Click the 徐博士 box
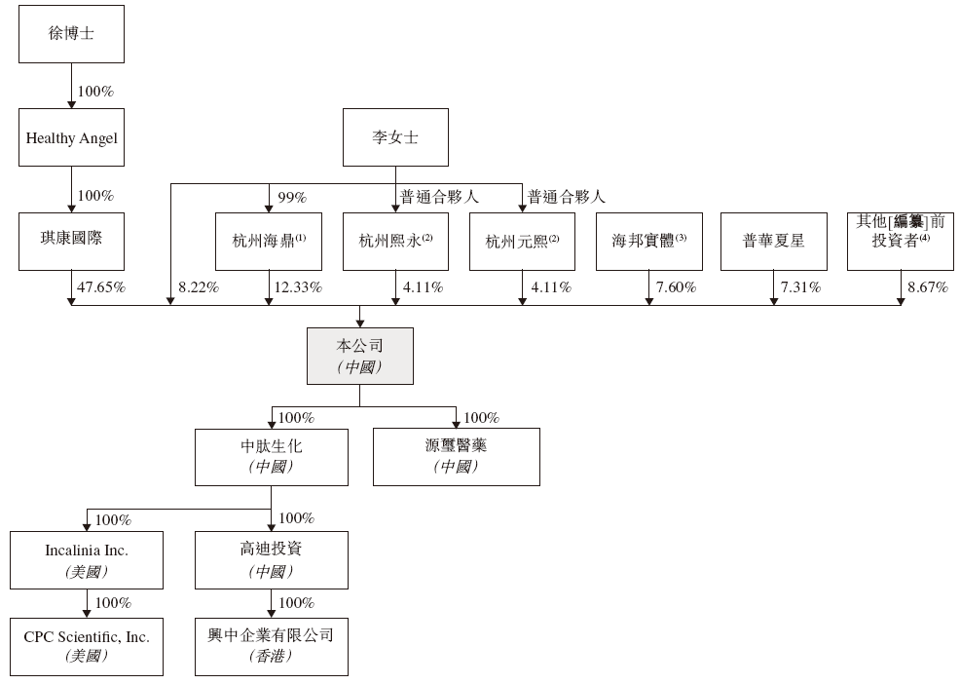pos(72,34)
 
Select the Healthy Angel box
pos(72,137)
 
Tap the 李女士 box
pos(395,137)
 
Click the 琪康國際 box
pos(72,242)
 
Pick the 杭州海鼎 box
pos(269,242)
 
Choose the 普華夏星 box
pos(774,242)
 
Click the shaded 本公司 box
pos(360,356)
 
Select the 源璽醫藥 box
pos(457,457)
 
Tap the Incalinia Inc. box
pos(87,560)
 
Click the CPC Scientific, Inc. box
pos(87,647)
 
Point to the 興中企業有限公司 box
pos(272,647)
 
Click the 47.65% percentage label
pos(101,287)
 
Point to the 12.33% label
pos(298,287)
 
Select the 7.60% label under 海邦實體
pos(677,287)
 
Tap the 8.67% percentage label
pos(928,287)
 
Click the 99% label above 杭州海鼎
pos(292,198)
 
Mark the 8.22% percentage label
pos(199,287)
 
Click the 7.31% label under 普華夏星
pos(801,287)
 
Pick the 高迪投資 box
pos(272,560)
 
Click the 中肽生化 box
pos(272,457)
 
